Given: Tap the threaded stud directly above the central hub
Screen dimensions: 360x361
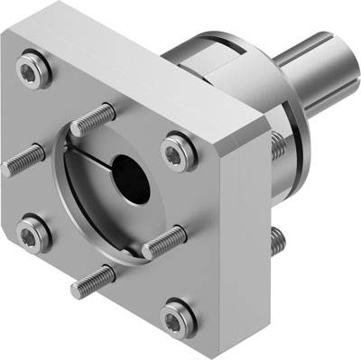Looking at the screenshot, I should click(x=97, y=119).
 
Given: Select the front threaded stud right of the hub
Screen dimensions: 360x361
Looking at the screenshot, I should click(x=164, y=240).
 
